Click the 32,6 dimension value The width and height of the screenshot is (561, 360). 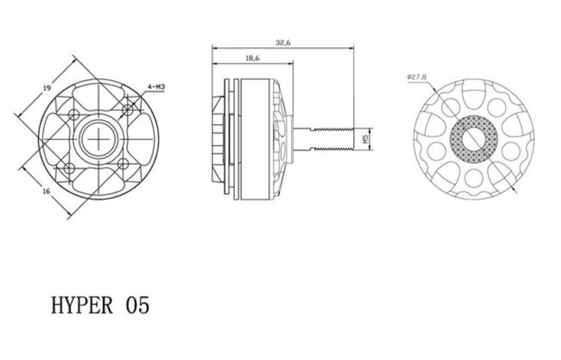[x=283, y=43]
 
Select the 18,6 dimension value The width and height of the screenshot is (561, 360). [x=252, y=58]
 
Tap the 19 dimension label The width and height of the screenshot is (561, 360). [x=47, y=88]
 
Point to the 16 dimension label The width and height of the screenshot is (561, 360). [x=47, y=191]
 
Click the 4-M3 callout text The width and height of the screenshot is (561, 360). [x=157, y=87]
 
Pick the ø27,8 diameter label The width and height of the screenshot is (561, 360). [x=417, y=77]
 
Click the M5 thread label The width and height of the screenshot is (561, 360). [x=366, y=139]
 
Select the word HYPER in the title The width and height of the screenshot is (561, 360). [x=82, y=305]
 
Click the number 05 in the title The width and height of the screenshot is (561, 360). [x=138, y=305]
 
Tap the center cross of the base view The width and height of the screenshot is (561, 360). [x=98, y=139]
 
